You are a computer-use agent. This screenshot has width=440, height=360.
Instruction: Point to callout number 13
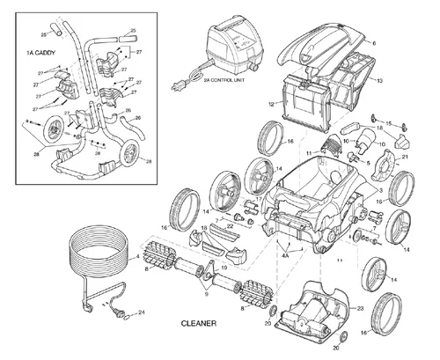coord(378,80)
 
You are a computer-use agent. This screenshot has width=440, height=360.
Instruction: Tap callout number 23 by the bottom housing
coord(360,308)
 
